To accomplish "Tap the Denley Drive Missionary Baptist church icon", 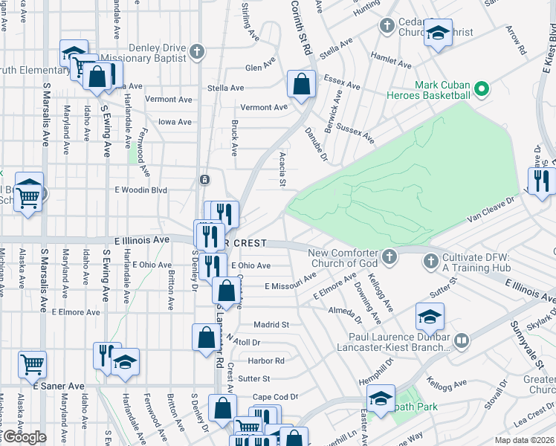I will (196, 51).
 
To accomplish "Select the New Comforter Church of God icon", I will (389, 258).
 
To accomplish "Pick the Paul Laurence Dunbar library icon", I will (462, 340).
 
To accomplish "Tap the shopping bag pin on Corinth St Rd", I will (302, 84).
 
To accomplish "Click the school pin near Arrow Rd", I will (438, 33).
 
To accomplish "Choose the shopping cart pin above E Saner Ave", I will (32, 364).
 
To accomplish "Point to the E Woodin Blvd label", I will (140, 190).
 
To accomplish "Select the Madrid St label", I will (271, 325).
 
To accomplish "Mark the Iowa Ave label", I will (175, 122).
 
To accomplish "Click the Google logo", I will (24, 437).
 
